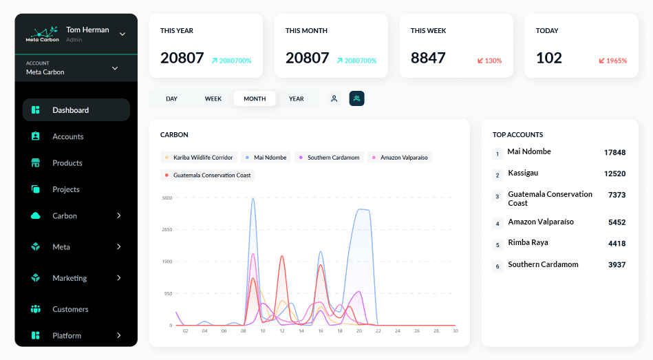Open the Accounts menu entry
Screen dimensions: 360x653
click(67, 136)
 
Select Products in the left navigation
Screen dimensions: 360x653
click(67, 163)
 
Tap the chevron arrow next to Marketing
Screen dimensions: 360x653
click(119, 278)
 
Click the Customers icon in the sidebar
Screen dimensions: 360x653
click(36, 309)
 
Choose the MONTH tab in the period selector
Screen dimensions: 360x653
click(255, 98)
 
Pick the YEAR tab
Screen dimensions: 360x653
click(296, 98)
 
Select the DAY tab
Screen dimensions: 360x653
click(171, 98)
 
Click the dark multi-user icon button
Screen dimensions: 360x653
click(356, 98)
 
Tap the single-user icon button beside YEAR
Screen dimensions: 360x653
click(334, 98)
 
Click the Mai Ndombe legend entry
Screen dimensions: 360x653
click(266, 158)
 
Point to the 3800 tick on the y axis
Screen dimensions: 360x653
click(167, 198)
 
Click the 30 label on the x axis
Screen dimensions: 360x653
click(455, 331)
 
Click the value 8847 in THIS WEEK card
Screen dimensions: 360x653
click(428, 58)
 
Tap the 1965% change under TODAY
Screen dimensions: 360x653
click(612, 61)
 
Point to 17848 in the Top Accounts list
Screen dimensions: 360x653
click(614, 152)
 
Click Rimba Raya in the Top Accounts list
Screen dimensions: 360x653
click(528, 243)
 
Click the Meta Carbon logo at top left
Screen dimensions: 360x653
click(43, 34)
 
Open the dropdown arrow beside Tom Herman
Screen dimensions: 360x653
click(122, 34)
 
